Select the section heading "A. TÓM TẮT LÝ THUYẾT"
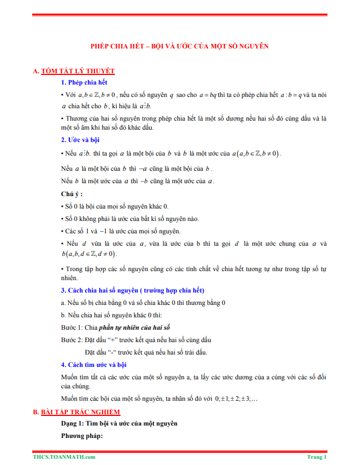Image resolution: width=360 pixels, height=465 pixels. click(x=74, y=71)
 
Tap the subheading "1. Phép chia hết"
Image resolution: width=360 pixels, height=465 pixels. click(x=84, y=83)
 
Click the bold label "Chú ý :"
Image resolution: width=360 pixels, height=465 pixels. click(x=72, y=194)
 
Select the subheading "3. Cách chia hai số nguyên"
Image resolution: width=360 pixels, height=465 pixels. click(x=132, y=290)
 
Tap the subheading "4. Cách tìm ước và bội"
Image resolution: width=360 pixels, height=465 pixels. click(x=94, y=364)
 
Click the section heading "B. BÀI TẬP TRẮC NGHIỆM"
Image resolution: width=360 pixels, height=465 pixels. click(x=77, y=413)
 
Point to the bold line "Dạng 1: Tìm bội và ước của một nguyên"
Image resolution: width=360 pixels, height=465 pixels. click(x=119, y=423)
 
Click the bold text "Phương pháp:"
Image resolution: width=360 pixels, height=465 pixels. click(x=82, y=436)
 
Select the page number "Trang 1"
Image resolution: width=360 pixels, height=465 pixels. click(x=317, y=457)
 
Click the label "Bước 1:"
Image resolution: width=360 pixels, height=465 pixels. click(x=72, y=327)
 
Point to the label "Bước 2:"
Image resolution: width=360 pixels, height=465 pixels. click(x=72, y=340)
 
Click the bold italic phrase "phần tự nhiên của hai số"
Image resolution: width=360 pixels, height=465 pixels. click(x=135, y=327)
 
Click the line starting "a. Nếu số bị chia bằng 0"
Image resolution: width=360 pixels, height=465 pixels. click(x=143, y=303)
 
